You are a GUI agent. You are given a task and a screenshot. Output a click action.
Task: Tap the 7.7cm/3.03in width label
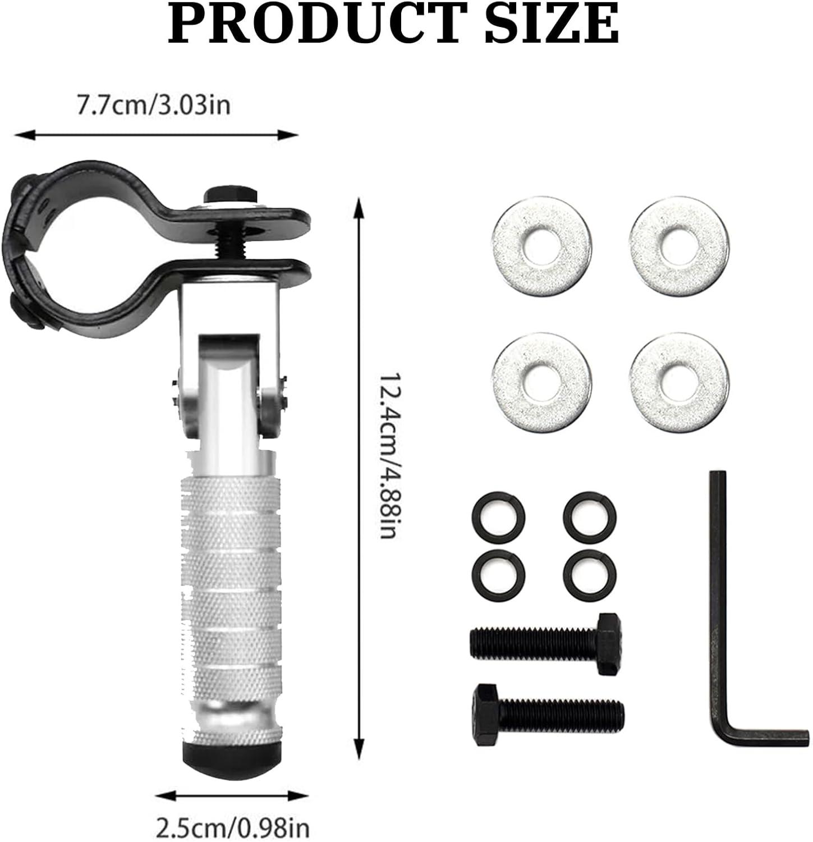tap(153, 105)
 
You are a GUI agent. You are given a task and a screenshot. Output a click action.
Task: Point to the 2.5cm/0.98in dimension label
tap(232, 827)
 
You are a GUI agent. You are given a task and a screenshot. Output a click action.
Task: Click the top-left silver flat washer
tap(541, 246)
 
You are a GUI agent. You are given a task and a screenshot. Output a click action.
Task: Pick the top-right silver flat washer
tap(679, 246)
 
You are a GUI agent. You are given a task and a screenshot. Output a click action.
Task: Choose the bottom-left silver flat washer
tap(541, 383)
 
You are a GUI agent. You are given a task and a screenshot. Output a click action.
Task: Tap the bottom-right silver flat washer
tap(679, 383)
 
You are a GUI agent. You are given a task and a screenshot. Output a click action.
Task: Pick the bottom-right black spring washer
tap(590, 575)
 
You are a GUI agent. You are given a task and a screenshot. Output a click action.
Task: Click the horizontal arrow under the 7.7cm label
tap(156, 135)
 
